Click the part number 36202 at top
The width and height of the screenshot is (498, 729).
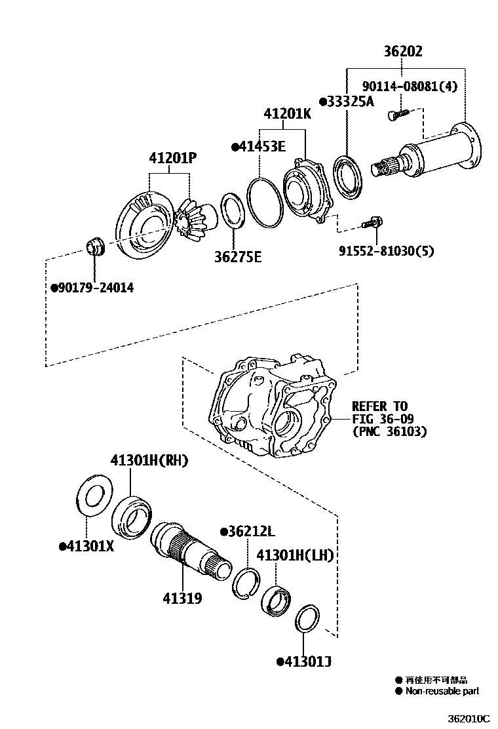tap(403, 51)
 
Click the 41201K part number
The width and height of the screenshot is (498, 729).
tap(288, 114)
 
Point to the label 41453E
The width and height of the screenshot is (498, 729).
tap(259, 147)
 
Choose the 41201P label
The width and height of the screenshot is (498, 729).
tap(173, 158)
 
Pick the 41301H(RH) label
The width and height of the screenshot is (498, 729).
tap(149, 461)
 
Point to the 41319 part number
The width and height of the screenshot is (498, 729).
tap(182, 598)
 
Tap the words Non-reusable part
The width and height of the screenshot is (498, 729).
tap(442, 691)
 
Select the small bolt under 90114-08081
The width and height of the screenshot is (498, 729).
tap(394, 114)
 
